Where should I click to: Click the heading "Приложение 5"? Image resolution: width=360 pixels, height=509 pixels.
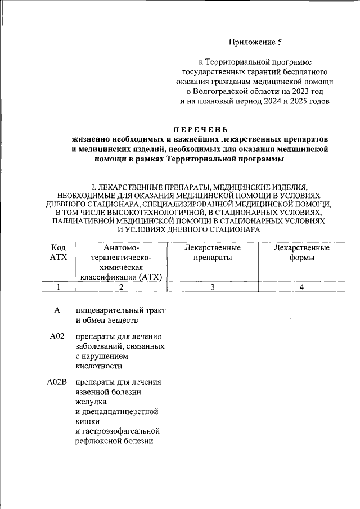[x=254, y=42]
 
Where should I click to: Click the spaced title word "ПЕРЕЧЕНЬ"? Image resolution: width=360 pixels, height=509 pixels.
[x=200, y=129]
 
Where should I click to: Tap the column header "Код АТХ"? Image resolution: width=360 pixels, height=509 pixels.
[x=58, y=253]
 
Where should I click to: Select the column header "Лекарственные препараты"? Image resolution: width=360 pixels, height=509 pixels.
[x=213, y=253]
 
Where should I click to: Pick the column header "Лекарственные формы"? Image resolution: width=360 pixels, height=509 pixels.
[x=301, y=253]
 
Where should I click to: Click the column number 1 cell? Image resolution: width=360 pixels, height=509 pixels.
[x=58, y=287]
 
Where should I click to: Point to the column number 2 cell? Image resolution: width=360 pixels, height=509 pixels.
[x=120, y=287]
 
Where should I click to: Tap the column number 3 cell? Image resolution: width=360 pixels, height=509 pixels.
[x=213, y=287]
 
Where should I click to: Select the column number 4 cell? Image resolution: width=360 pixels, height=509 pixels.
[x=301, y=287]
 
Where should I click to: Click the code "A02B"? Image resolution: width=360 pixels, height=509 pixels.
[x=57, y=382]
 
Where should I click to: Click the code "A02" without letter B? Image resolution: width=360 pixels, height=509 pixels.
[x=57, y=336]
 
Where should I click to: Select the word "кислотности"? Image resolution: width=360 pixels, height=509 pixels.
[x=97, y=366]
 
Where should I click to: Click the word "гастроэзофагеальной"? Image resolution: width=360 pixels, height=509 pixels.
[x=118, y=431]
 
